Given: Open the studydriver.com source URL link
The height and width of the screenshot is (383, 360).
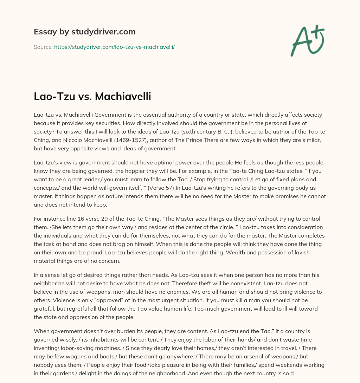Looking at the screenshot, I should pyautogui.click(x=114, y=47).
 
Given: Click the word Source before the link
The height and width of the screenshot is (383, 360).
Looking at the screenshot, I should pyautogui.click(x=43, y=47).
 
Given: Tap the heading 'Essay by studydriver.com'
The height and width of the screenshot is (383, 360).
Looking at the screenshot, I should pyautogui.click(x=85, y=32).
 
